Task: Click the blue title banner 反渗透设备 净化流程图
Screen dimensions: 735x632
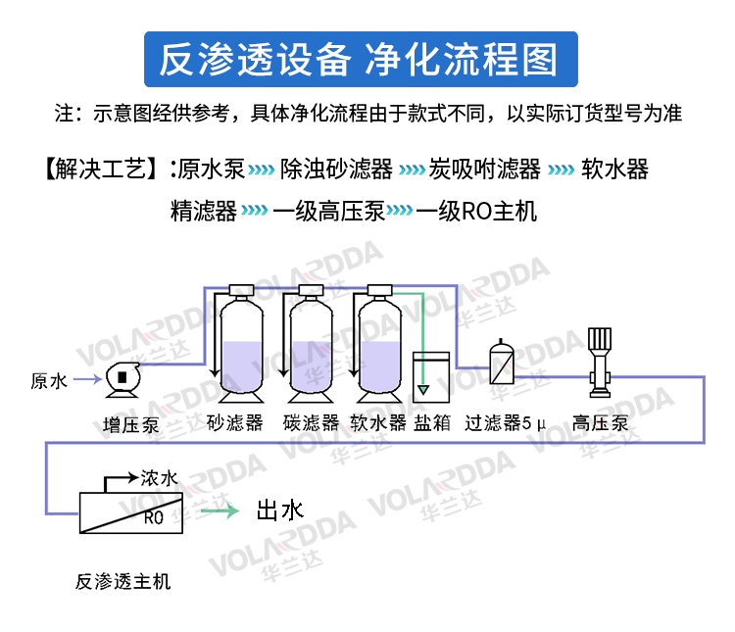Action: click(361, 59)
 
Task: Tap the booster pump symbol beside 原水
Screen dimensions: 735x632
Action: click(122, 379)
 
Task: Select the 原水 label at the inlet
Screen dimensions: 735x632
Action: click(49, 381)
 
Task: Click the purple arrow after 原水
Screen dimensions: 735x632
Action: click(87, 379)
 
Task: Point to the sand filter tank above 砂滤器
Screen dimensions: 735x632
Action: click(241, 344)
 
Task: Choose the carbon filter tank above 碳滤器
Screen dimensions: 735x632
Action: click(312, 344)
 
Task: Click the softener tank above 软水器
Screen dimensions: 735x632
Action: click(379, 344)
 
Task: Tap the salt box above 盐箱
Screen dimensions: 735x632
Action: click(431, 377)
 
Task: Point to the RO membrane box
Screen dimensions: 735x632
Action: click(131, 512)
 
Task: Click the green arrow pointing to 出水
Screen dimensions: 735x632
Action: click(220, 510)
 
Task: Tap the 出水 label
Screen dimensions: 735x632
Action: click(280, 510)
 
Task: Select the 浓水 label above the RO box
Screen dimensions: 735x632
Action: click(160, 478)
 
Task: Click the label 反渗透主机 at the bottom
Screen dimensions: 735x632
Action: click(122, 582)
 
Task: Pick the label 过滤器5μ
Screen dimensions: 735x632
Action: click(506, 423)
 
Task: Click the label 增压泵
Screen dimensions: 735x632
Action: click(130, 425)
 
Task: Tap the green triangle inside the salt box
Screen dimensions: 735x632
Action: click(423, 389)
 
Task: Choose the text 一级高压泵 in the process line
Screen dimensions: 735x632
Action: click(328, 211)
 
